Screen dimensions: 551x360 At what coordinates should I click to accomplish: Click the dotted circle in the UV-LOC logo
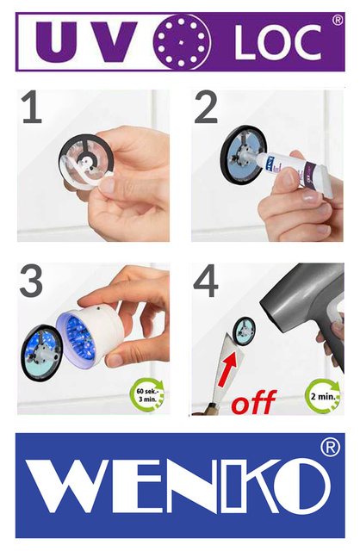pos(181,41)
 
